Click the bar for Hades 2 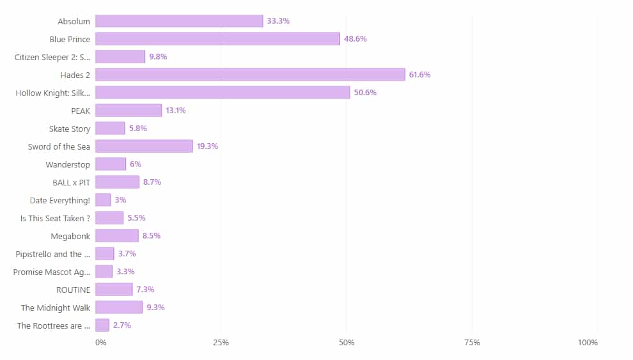pos(250,75)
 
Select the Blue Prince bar pos(217,39)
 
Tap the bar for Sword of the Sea pos(144,146)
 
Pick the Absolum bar pos(179,21)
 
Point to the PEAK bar pos(129,111)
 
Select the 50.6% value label pos(365,93)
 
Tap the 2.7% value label pos(122,325)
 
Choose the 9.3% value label pos(155,308)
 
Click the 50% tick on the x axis pos(347,343)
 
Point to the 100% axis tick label pos(588,343)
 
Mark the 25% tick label pos(221,343)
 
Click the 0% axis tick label pos(101,343)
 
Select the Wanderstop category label pos(68,164)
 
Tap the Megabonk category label pos(70,236)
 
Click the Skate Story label pos(70,129)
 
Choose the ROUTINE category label pos(74,290)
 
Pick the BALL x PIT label pos(71,182)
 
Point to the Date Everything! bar pos(103,200)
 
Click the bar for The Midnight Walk pos(119,308)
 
